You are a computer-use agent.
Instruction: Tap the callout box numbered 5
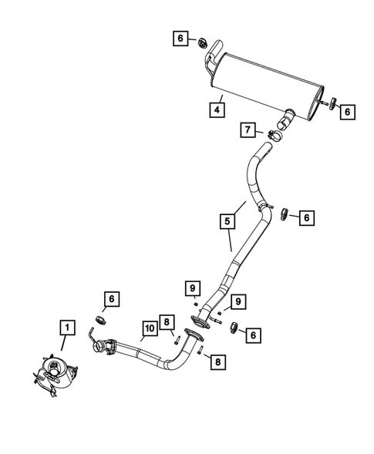(x=227, y=222)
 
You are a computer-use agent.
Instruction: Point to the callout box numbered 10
(x=150, y=331)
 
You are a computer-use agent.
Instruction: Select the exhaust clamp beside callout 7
(x=275, y=136)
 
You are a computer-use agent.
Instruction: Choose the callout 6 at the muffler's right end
(x=347, y=112)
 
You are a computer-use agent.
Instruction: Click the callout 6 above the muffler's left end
(x=180, y=38)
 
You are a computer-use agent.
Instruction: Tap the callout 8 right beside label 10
(x=165, y=322)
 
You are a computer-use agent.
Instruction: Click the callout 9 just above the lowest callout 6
(x=239, y=301)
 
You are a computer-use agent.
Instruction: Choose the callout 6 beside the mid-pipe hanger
(x=306, y=218)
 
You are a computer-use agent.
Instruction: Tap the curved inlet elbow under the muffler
(x=287, y=119)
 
